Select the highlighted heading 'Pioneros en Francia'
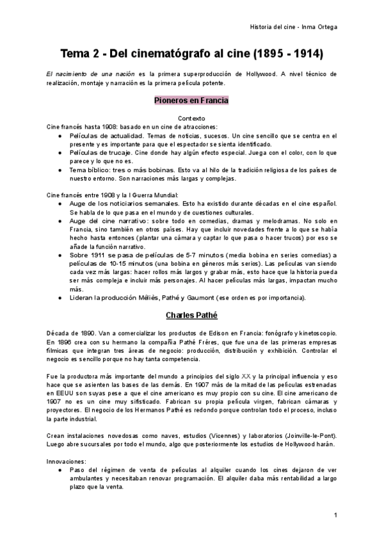pos(191,101)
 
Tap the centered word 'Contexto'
pos(191,118)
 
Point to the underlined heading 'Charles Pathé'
pos(191,315)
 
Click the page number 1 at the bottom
pos(335,515)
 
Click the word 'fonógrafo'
pos(269,334)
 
